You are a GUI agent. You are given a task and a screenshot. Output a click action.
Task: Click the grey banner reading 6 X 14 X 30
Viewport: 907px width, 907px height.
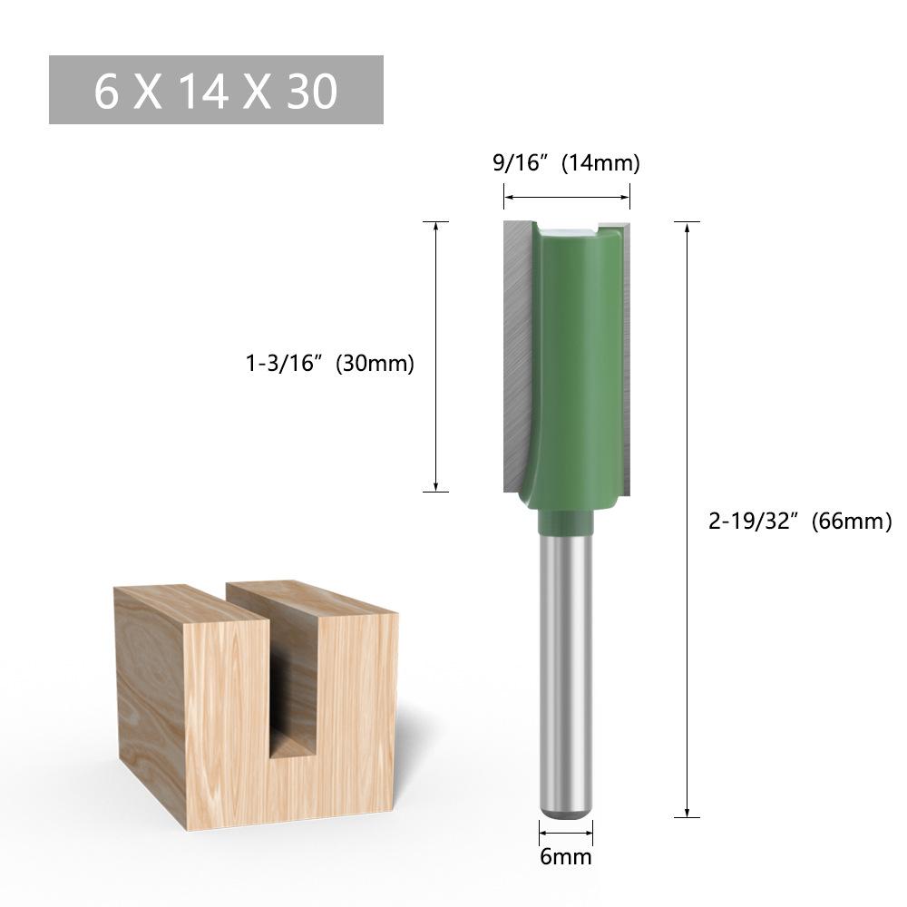[x=216, y=90]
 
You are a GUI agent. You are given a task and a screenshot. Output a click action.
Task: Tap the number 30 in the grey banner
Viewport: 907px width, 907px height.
[x=311, y=91]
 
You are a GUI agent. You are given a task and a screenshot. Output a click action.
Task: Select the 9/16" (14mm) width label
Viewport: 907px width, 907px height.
[x=566, y=163]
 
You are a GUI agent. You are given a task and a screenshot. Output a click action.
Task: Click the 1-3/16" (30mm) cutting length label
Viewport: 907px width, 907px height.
[x=329, y=364]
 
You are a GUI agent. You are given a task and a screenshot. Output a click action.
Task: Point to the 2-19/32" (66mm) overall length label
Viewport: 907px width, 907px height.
[x=799, y=522]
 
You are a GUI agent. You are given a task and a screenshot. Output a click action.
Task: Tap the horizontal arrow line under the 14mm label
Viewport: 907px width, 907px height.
[x=566, y=196]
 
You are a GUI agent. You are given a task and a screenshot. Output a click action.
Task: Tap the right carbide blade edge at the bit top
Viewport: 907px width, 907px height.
[x=619, y=221]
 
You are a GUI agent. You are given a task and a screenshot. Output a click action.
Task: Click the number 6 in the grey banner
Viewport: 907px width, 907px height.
[x=106, y=91]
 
